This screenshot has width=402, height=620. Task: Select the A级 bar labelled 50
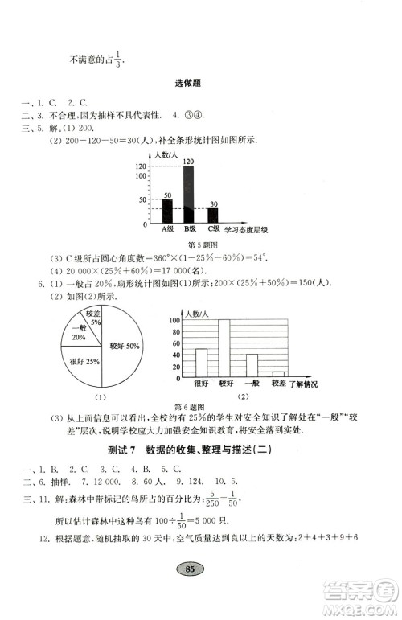pyautogui.click(x=167, y=210)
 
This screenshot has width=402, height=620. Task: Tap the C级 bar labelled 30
pyautogui.click(x=213, y=216)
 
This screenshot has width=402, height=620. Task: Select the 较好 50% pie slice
pyautogui.click(x=121, y=347)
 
